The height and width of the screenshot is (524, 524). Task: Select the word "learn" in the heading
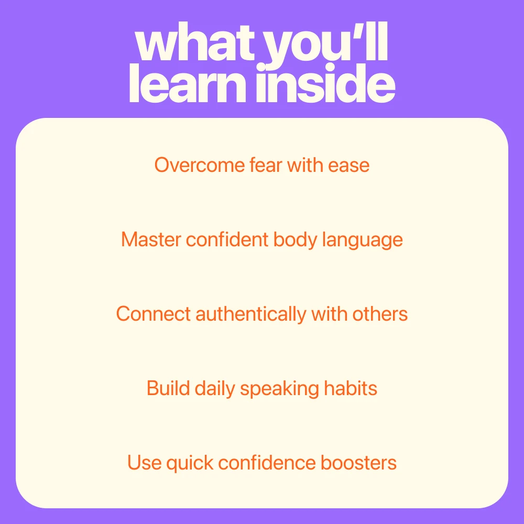pos(188,83)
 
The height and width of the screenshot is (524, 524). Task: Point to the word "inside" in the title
pos(326,83)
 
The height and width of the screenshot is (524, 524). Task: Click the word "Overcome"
pos(200,165)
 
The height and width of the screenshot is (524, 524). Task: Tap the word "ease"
pos(348,166)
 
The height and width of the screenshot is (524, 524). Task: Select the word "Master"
pos(151,239)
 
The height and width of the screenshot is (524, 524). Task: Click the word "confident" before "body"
pos(227,239)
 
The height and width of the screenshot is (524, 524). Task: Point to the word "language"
pos(362,241)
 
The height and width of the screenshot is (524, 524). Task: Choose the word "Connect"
pos(154,314)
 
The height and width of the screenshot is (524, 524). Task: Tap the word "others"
pos(380,314)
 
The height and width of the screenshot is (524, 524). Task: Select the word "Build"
pos(168,388)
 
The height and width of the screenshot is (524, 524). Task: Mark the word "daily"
pos(215,389)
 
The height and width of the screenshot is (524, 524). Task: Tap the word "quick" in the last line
pos(190,464)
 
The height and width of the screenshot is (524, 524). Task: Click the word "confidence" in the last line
pos(267,463)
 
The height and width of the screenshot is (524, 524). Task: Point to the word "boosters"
pos(358,463)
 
